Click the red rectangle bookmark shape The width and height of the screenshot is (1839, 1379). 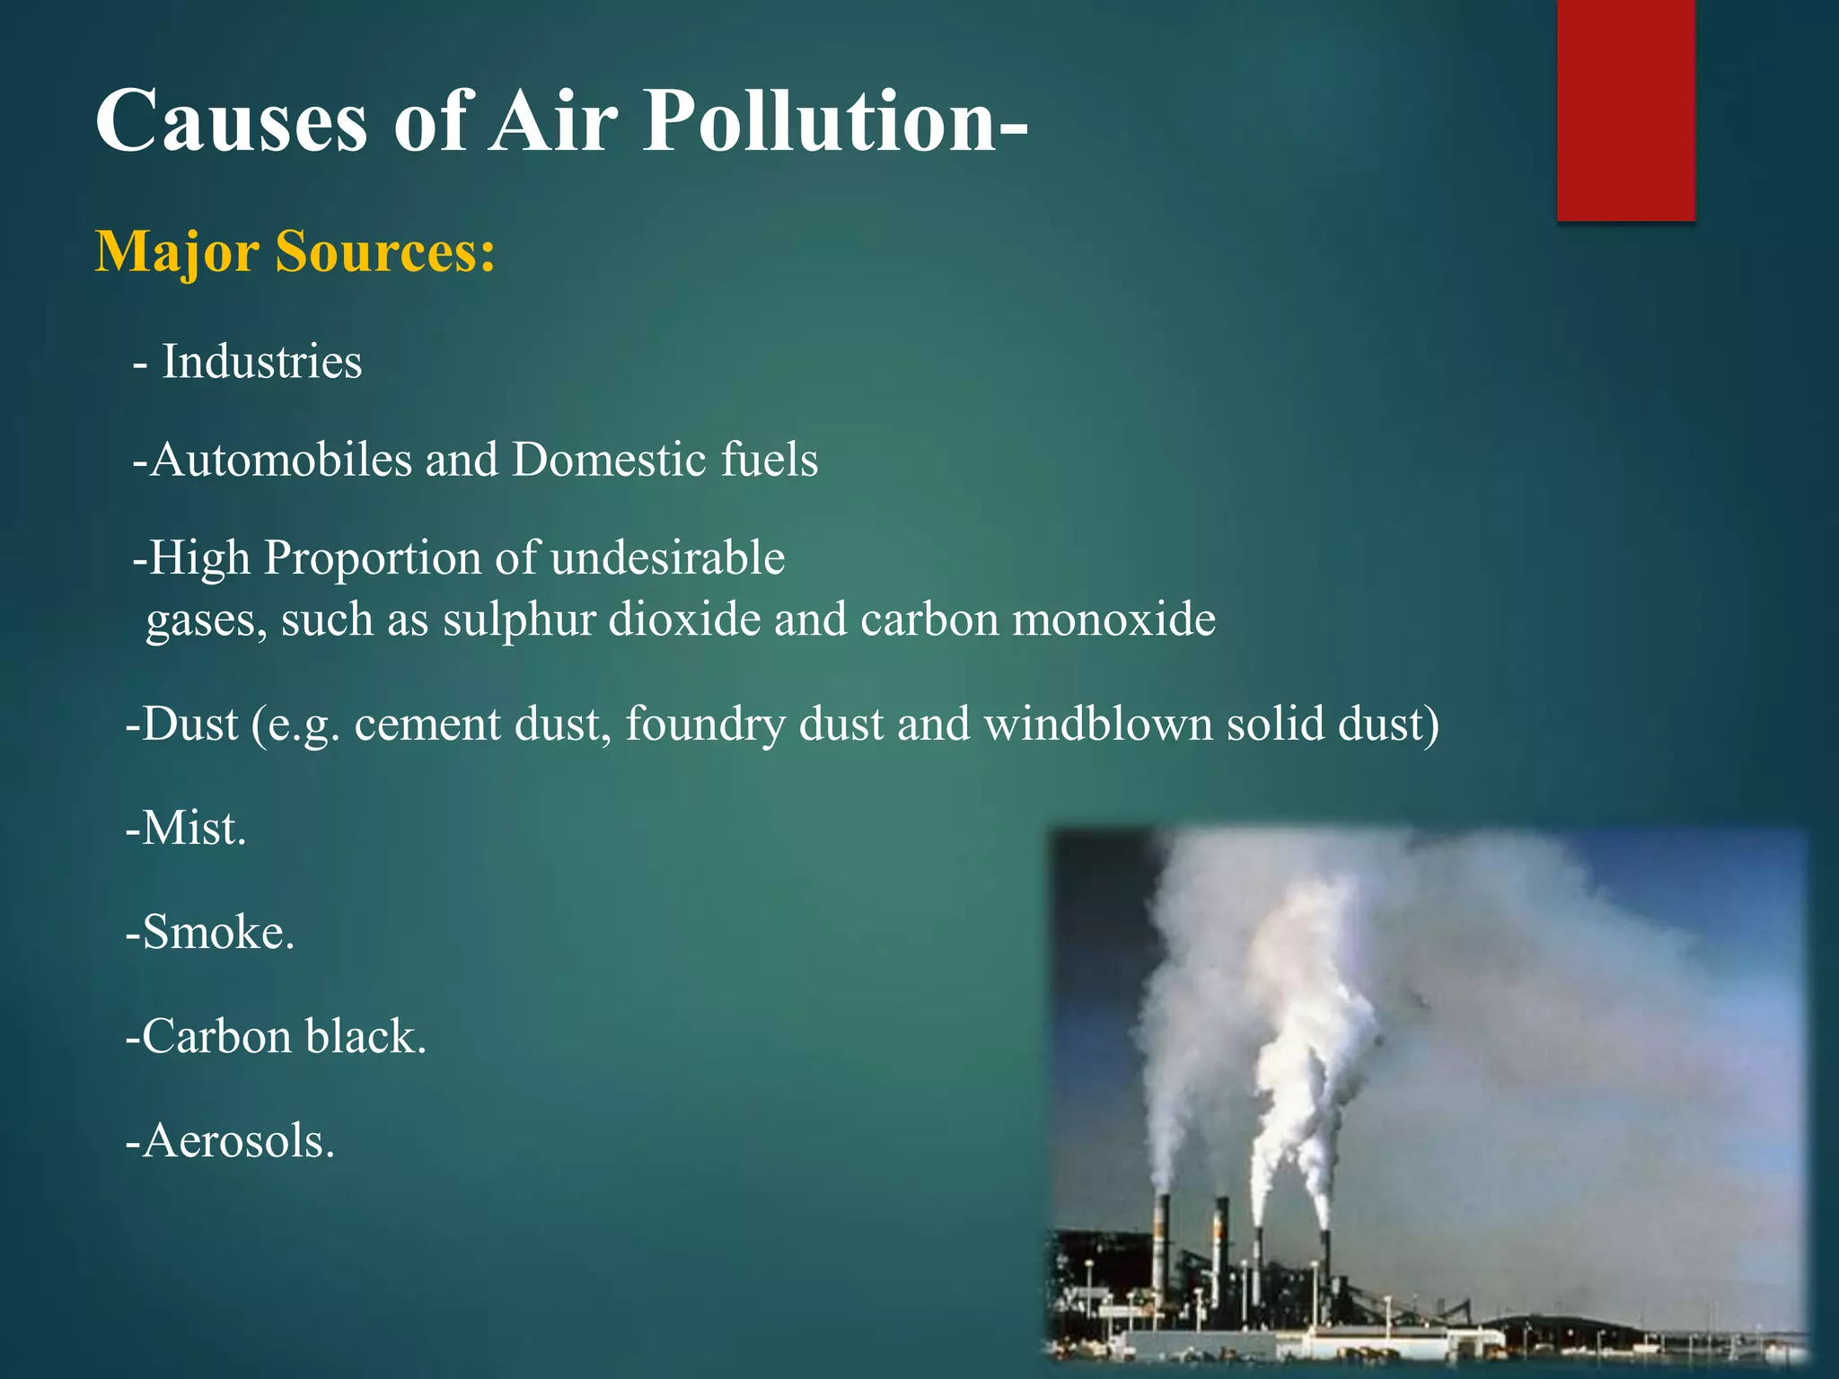[x=1625, y=110]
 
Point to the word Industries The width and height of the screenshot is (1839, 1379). [x=261, y=363]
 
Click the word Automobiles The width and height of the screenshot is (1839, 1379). [x=279, y=460]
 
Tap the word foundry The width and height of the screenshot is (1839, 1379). [x=705, y=724]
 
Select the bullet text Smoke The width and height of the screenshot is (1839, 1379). [x=210, y=932]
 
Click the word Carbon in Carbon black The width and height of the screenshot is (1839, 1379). [x=216, y=1037]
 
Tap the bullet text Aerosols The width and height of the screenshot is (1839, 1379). [x=231, y=1142]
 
